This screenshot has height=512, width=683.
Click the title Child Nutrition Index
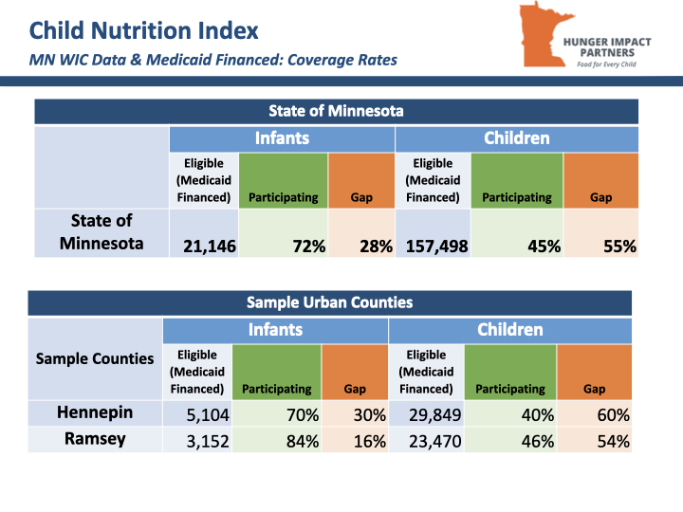144,30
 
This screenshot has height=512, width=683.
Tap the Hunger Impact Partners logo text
607,52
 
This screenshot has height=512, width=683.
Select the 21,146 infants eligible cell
204,233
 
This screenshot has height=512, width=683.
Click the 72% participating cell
283,233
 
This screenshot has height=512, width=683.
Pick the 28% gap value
376,247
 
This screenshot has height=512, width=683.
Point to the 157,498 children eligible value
437,247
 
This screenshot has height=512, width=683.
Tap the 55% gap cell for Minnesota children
600,233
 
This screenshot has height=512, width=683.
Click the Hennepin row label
95,412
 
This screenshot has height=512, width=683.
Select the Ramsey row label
95,439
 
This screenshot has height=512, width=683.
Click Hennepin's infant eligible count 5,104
208,415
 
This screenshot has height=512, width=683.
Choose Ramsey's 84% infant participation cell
277,439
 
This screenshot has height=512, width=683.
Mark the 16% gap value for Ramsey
369,442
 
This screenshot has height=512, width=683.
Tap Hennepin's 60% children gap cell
594,412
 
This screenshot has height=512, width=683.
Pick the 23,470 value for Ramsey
434,442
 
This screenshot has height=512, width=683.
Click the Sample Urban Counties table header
330,302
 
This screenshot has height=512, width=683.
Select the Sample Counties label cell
95,358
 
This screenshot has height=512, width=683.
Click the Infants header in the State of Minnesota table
283,138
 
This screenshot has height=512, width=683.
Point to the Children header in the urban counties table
510,330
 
